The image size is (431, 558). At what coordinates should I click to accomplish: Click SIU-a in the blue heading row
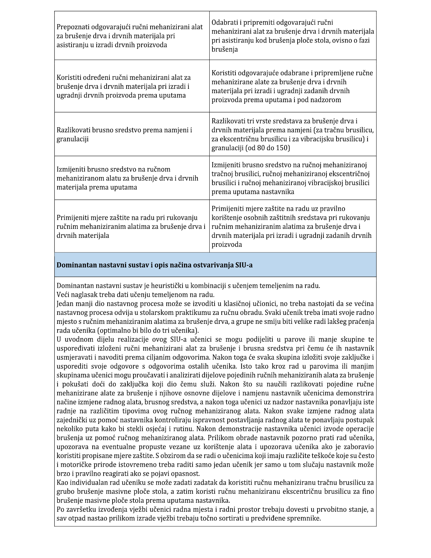click(x=243, y=265)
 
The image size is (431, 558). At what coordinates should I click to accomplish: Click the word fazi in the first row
click(x=363, y=40)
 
